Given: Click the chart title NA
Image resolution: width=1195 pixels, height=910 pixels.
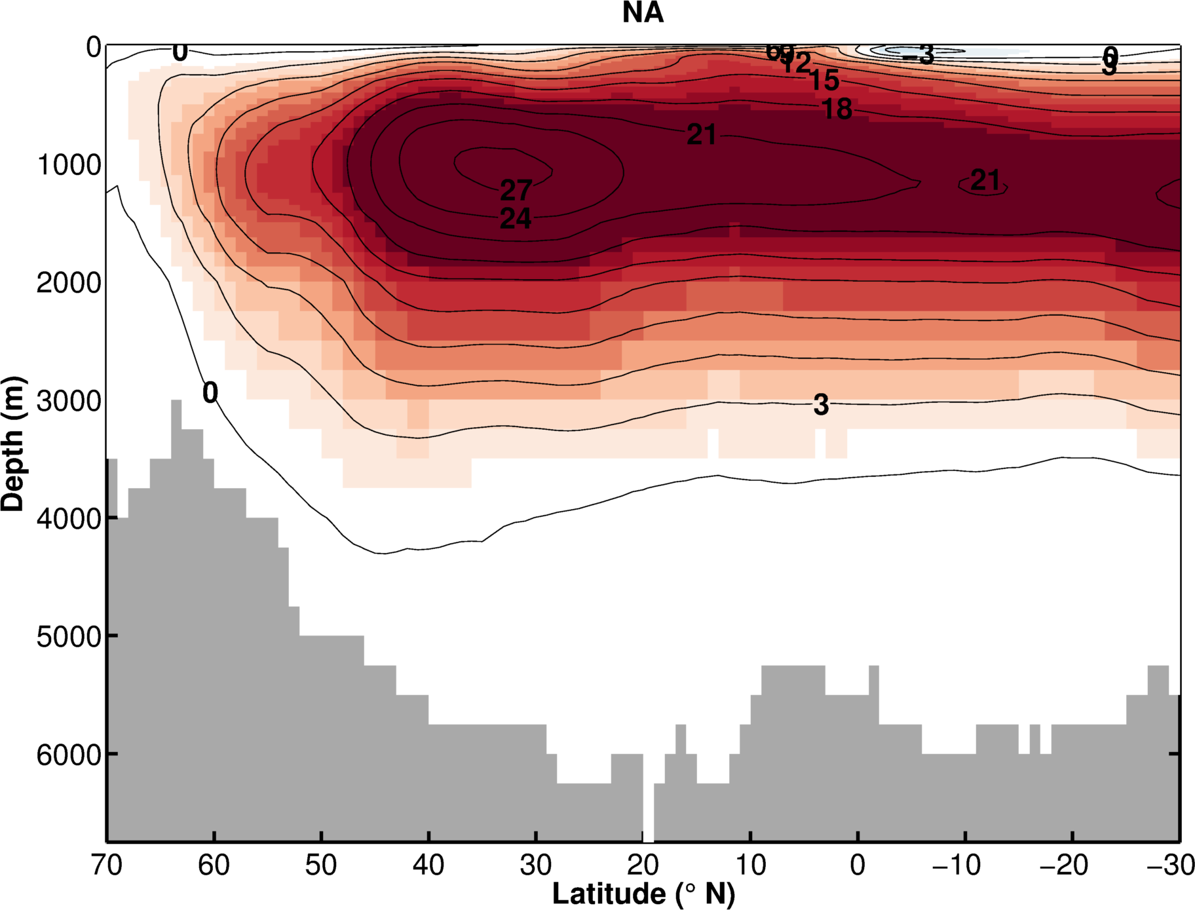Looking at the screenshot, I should tap(643, 13).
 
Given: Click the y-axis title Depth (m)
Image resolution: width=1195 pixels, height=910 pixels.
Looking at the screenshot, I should tap(13, 444).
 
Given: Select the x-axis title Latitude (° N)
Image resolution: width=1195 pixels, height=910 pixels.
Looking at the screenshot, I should tap(643, 894).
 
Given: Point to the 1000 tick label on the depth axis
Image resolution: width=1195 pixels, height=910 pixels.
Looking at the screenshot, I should tap(69, 165).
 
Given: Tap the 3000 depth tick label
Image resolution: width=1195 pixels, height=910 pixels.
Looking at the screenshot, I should tap(69, 401).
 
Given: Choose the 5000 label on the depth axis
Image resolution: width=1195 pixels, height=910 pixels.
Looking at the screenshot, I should tap(69, 637).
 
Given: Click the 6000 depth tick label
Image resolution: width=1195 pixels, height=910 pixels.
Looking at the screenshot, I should tap(69, 755).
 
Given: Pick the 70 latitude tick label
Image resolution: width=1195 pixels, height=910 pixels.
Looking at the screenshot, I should tap(106, 865).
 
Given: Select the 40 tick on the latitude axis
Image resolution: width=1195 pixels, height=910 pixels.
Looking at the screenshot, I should tap(428, 865).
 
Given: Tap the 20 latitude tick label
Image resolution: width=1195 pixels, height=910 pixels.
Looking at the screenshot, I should tap(643, 865).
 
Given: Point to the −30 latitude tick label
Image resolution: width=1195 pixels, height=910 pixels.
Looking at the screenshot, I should tap(1171, 865).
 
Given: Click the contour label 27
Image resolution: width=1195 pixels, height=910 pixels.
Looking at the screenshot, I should tap(516, 191).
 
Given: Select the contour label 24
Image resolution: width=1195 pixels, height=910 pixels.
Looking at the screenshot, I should tap(516, 219).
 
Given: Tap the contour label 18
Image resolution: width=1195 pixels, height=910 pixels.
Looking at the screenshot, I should tap(837, 109).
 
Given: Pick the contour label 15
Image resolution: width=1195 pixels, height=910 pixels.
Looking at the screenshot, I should tap(824, 81).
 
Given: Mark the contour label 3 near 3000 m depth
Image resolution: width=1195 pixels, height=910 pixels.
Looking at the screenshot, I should tap(821, 405).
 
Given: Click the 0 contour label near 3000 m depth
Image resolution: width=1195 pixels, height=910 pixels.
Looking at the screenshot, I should tap(210, 393).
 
